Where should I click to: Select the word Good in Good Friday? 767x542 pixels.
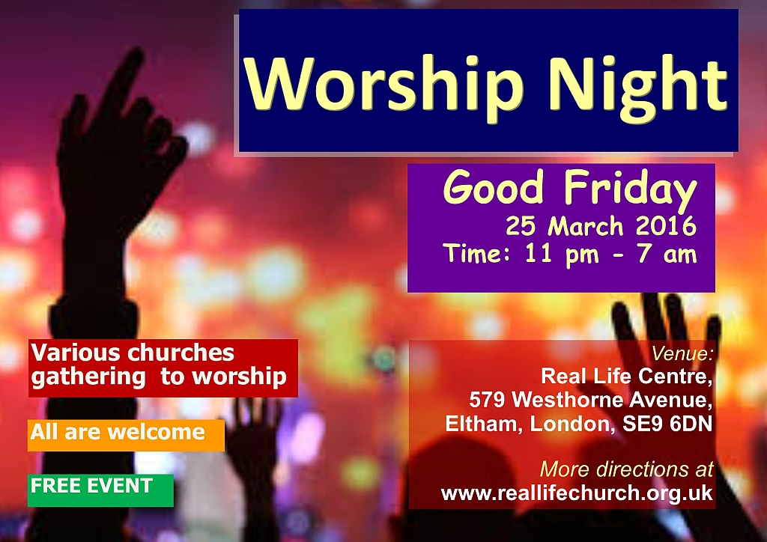tap(494, 186)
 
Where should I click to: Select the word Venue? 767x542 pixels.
tap(682, 353)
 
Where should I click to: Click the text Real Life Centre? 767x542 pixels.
tap(627, 377)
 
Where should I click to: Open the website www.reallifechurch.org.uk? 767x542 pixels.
tap(577, 493)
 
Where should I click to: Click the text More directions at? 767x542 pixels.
tap(627, 469)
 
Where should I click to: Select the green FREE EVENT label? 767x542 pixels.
tap(100, 490)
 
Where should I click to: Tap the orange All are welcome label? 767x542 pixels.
tap(126, 435)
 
